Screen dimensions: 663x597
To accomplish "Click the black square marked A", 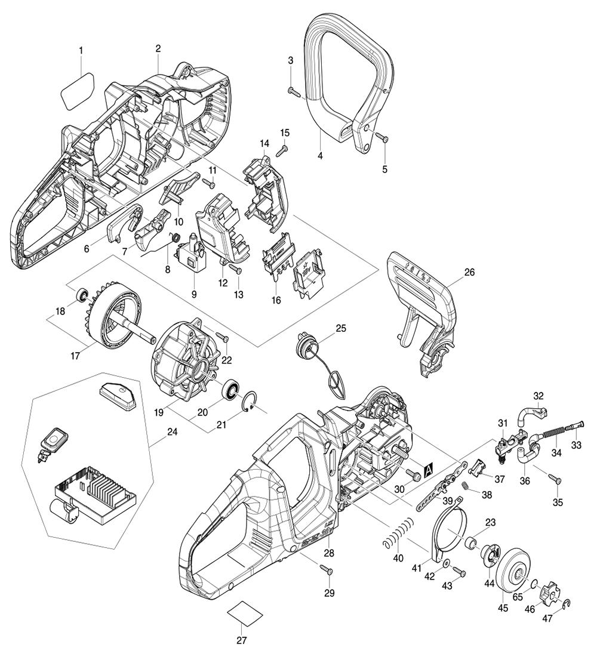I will (428, 470).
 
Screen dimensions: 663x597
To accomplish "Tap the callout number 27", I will (241, 641).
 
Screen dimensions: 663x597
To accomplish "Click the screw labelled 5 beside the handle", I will (382, 138).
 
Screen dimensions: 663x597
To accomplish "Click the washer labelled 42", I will (447, 564).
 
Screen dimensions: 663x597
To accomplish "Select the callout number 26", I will (469, 272).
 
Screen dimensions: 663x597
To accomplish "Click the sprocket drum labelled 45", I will (512, 572).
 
